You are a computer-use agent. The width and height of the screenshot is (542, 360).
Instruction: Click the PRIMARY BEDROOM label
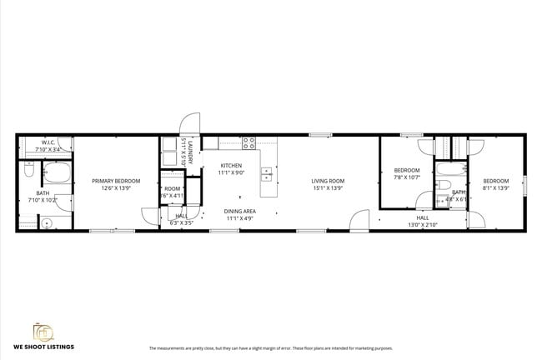coord(116,181)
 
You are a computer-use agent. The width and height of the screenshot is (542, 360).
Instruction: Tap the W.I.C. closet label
coord(48,142)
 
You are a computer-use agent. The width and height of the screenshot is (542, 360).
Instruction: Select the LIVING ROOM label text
coord(328,181)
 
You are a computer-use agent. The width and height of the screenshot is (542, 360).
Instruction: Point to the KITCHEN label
coord(231,166)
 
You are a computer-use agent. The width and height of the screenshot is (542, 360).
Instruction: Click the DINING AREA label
coord(239,211)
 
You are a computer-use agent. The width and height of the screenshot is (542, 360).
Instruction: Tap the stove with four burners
coord(248,142)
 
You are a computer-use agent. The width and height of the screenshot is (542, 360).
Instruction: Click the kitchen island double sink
coord(267,174)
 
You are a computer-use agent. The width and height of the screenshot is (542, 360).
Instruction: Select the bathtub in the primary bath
coord(58,174)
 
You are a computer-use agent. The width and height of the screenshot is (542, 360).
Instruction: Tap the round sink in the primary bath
coord(48,222)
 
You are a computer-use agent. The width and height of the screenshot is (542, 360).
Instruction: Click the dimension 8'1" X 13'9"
coord(496,187)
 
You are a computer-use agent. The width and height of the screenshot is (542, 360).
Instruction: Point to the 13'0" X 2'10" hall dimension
coord(423,225)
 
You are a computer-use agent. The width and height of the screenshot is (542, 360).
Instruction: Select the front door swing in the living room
coord(359,221)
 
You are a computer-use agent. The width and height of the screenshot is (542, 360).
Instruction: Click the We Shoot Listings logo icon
coord(42,332)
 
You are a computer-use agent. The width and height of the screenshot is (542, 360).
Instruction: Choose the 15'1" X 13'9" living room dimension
coord(328,188)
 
